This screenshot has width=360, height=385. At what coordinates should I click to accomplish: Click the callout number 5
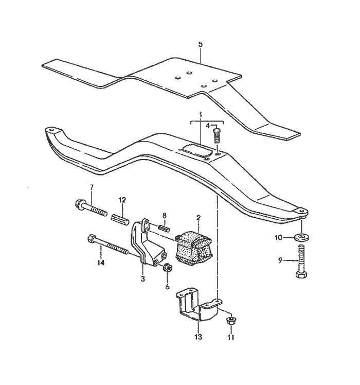[201, 45]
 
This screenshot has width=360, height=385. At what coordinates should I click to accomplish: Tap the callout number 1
[201, 113]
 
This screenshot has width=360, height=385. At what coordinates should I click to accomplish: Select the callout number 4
[208, 126]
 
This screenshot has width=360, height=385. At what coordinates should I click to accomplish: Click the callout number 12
[122, 200]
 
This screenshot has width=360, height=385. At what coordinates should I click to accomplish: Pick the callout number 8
[164, 216]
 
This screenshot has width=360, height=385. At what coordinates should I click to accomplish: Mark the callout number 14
[101, 262]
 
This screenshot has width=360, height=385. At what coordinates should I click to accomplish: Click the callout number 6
[167, 287]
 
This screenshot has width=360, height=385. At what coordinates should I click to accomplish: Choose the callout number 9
[281, 260]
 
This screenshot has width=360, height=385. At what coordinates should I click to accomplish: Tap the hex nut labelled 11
[231, 322]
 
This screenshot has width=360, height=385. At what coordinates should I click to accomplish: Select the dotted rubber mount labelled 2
[193, 248]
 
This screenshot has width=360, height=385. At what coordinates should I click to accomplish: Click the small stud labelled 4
[217, 137]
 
